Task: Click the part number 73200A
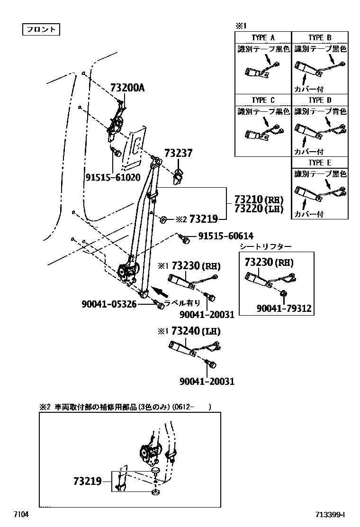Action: click(x=127, y=88)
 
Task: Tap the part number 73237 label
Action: click(x=179, y=154)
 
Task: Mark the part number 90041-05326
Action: click(x=108, y=304)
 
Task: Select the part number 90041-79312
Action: click(x=284, y=308)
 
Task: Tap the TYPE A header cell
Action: click(x=263, y=37)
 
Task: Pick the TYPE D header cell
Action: click(x=320, y=100)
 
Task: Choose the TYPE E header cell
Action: click(x=320, y=163)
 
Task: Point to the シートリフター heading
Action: click(x=265, y=246)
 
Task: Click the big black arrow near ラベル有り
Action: click(x=161, y=292)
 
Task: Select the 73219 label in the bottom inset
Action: click(x=88, y=481)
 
